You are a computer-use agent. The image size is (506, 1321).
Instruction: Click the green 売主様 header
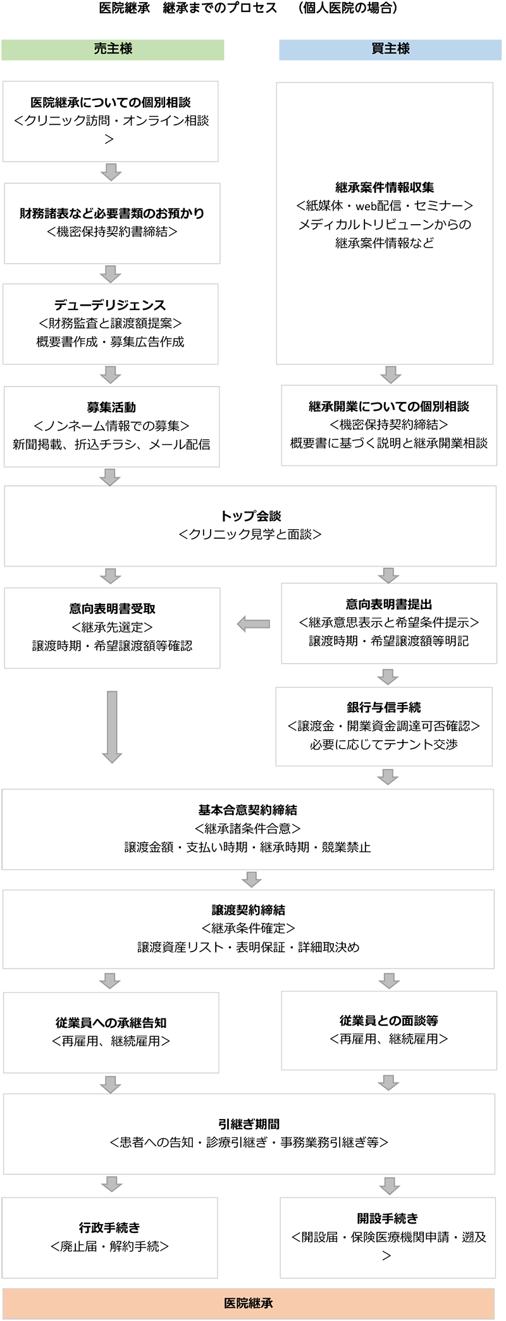click(113, 49)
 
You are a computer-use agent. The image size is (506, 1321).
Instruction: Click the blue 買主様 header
click(390, 49)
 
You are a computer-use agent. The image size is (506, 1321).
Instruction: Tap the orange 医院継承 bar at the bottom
click(249, 1303)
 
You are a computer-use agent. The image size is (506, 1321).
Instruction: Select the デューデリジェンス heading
click(111, 305)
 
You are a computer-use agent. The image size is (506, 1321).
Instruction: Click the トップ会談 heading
click(250, 516)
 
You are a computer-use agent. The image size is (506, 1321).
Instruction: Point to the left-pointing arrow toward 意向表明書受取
click(253, 624)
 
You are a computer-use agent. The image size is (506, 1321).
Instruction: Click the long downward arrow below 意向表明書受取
click(112, 726)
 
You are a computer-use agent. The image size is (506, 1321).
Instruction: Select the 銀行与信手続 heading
click(383, 707)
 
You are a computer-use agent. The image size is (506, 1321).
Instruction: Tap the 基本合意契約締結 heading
click(248, 810)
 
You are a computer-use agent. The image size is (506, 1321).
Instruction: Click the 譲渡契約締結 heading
click(248, 910)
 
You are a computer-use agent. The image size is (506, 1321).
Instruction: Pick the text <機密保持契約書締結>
click(112, 232)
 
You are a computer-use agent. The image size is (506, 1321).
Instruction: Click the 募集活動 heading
click(111, 407)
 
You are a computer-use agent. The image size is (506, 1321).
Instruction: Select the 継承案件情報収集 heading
click(385, 187)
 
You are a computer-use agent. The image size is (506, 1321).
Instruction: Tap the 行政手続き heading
click(109, 1227)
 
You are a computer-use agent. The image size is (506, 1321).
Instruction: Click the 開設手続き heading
click(387, 1218)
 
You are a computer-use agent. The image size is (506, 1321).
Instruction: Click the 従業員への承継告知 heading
click(111, 1022)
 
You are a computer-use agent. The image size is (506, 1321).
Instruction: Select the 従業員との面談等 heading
click(388, 1020)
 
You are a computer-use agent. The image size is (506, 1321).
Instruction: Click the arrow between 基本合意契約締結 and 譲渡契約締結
click(252, 879)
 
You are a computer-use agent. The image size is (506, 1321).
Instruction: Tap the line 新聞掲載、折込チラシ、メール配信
click(111, 444)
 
